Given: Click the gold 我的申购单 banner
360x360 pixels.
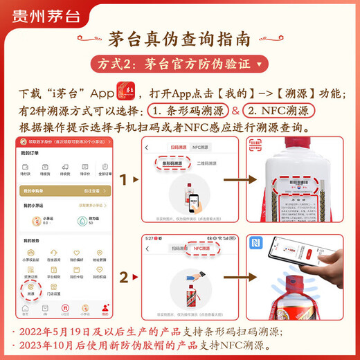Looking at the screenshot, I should [65, 190].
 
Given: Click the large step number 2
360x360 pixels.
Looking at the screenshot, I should [125, 278].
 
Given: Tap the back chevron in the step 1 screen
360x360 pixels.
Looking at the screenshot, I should [147, 147].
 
